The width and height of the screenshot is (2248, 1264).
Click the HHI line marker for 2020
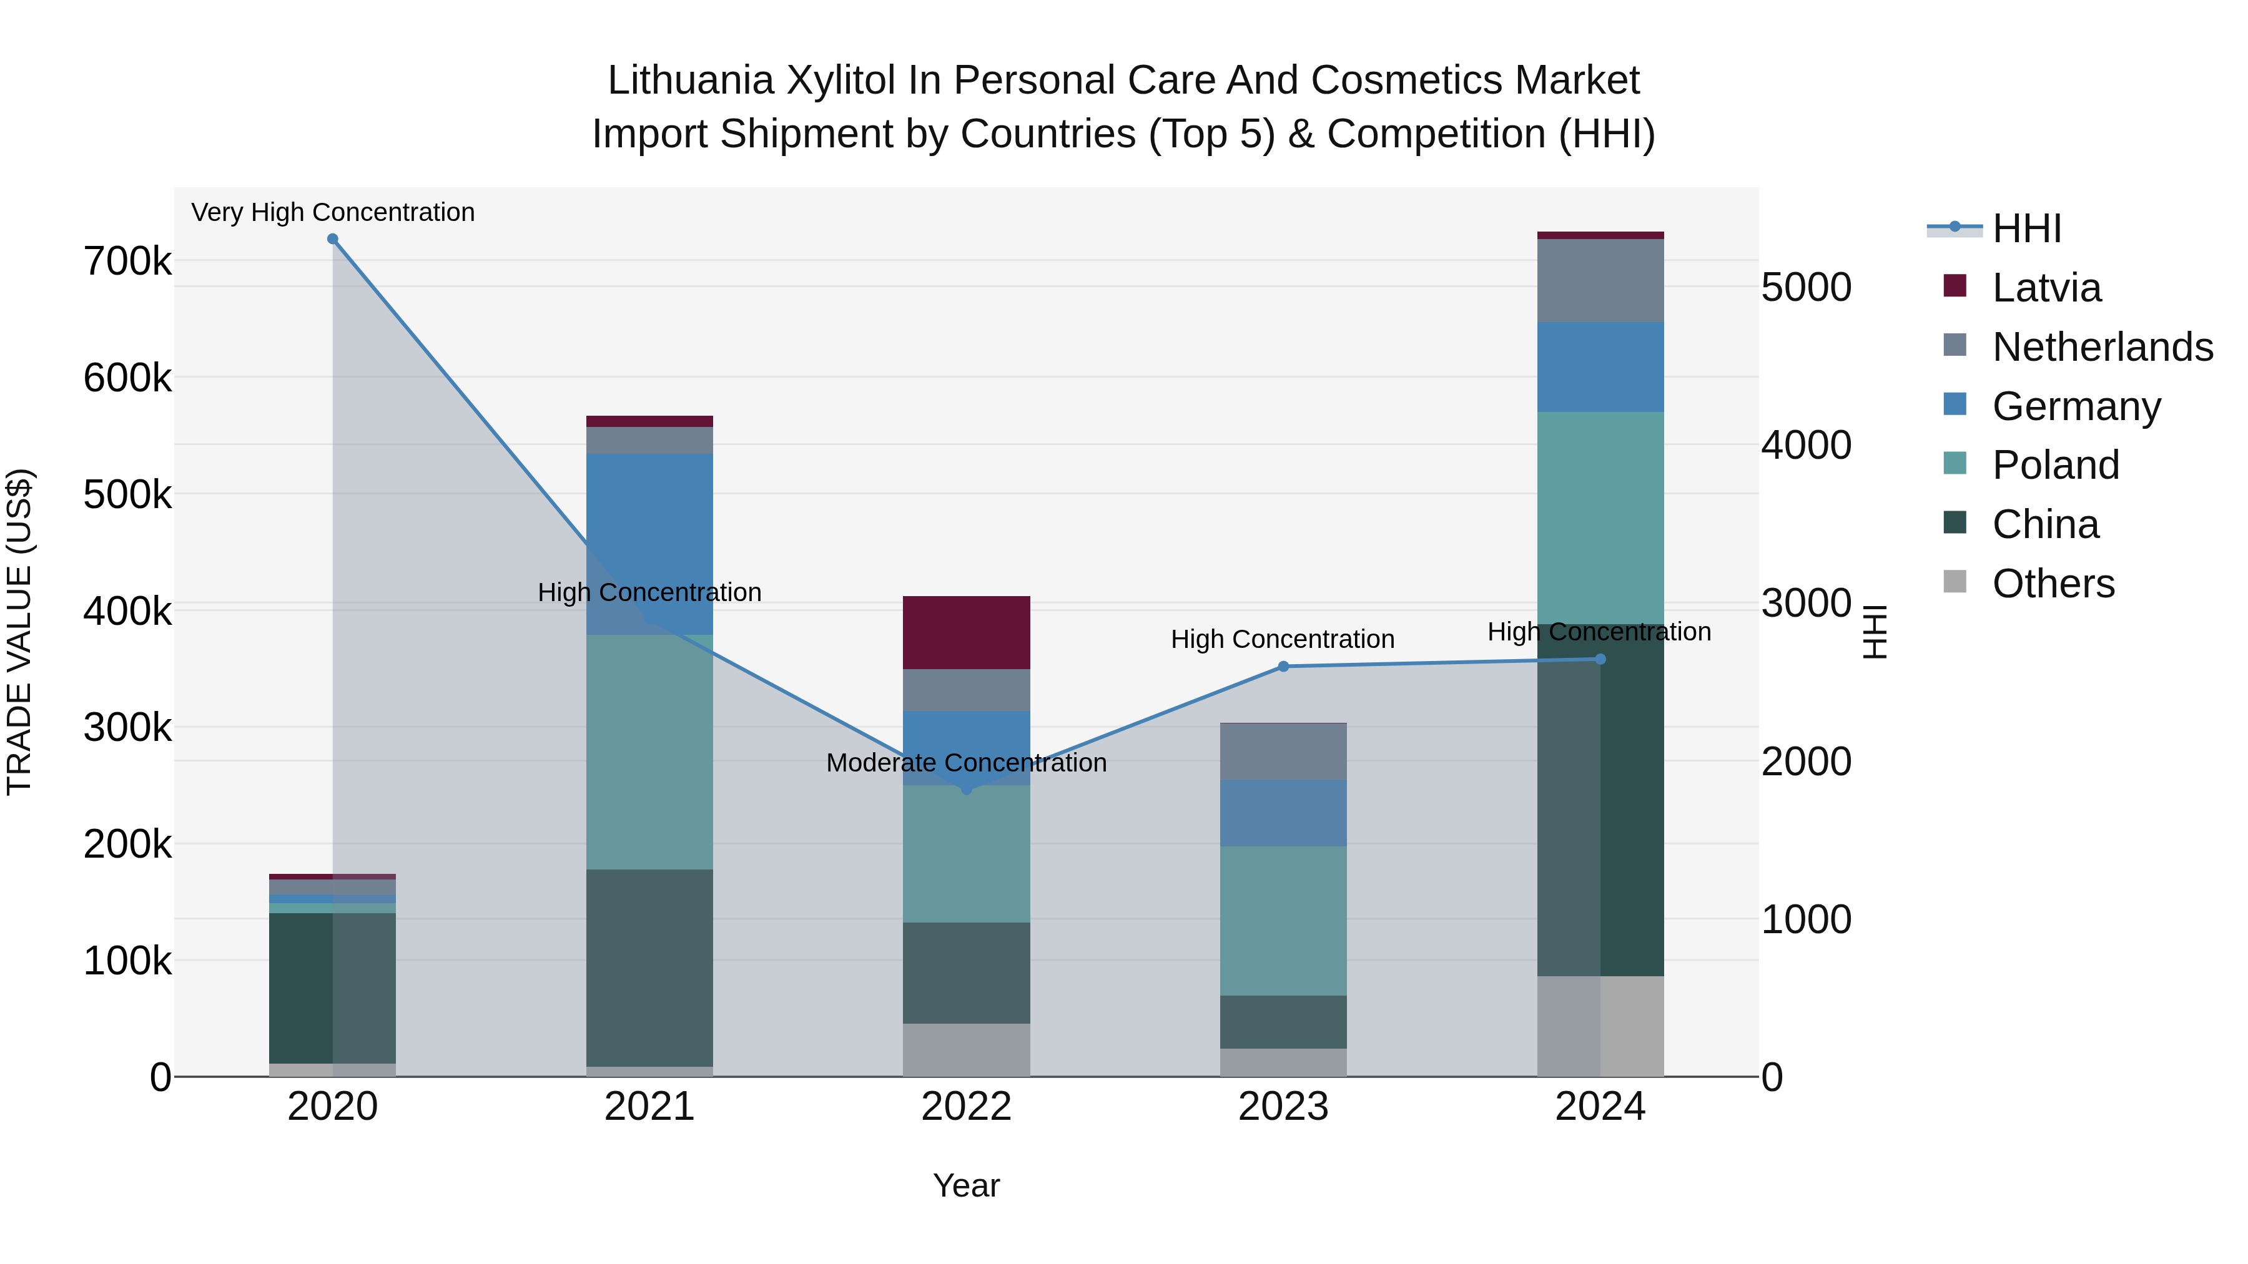point(332,239)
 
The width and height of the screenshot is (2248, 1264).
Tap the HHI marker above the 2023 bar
point(1283,667)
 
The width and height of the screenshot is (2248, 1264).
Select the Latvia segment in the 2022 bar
point(966,632)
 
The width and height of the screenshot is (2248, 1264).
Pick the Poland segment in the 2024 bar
point(1600,517)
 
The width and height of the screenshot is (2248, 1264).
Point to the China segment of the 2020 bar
point(332,987)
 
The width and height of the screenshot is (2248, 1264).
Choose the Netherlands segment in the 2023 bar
point(1283,751)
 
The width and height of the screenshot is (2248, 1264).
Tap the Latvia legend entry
point(2046,288)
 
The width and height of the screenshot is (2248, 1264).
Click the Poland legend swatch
point(1955,464)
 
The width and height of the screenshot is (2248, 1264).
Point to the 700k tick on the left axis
point(127,261)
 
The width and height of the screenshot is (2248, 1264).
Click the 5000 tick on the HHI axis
point(1805,287)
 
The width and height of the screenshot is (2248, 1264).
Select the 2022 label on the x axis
point(966,1107)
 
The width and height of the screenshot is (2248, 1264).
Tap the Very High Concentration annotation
point(332,212)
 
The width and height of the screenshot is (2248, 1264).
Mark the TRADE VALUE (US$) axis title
point(19,632)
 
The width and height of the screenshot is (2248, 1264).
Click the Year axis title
point(966,1185)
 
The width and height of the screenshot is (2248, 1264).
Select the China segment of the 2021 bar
point(649,968)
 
